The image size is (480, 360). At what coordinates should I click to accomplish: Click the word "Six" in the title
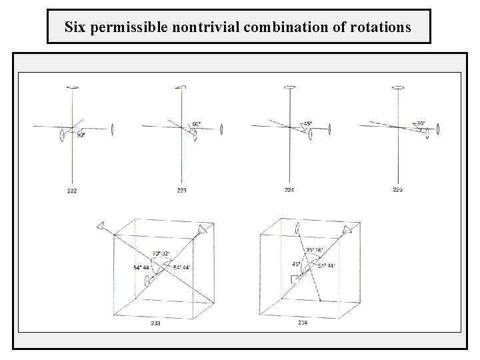[x=75, y=28]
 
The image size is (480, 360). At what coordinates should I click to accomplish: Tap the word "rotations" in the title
[x=381, y=28]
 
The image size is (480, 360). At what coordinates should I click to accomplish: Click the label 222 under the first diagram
[x=72, y=191]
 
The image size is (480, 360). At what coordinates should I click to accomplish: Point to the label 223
[x=182, y=191]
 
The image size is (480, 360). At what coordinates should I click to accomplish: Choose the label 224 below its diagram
[x=289, y=191]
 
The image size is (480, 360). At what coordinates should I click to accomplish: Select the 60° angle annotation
[x=197, y=124]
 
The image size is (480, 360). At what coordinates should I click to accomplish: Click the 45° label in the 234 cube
[x=297, y=264]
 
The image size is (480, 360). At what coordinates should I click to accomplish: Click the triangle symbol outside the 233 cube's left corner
[x=100, y=225]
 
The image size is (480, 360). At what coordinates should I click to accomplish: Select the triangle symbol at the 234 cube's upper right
[x=346, y=229]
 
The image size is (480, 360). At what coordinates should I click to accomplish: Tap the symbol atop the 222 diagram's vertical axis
[x=73, y=87]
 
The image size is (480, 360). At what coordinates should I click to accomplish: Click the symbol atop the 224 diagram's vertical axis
[x=290, y=87]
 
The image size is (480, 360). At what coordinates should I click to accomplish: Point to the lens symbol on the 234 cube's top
[x=297, y=230]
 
